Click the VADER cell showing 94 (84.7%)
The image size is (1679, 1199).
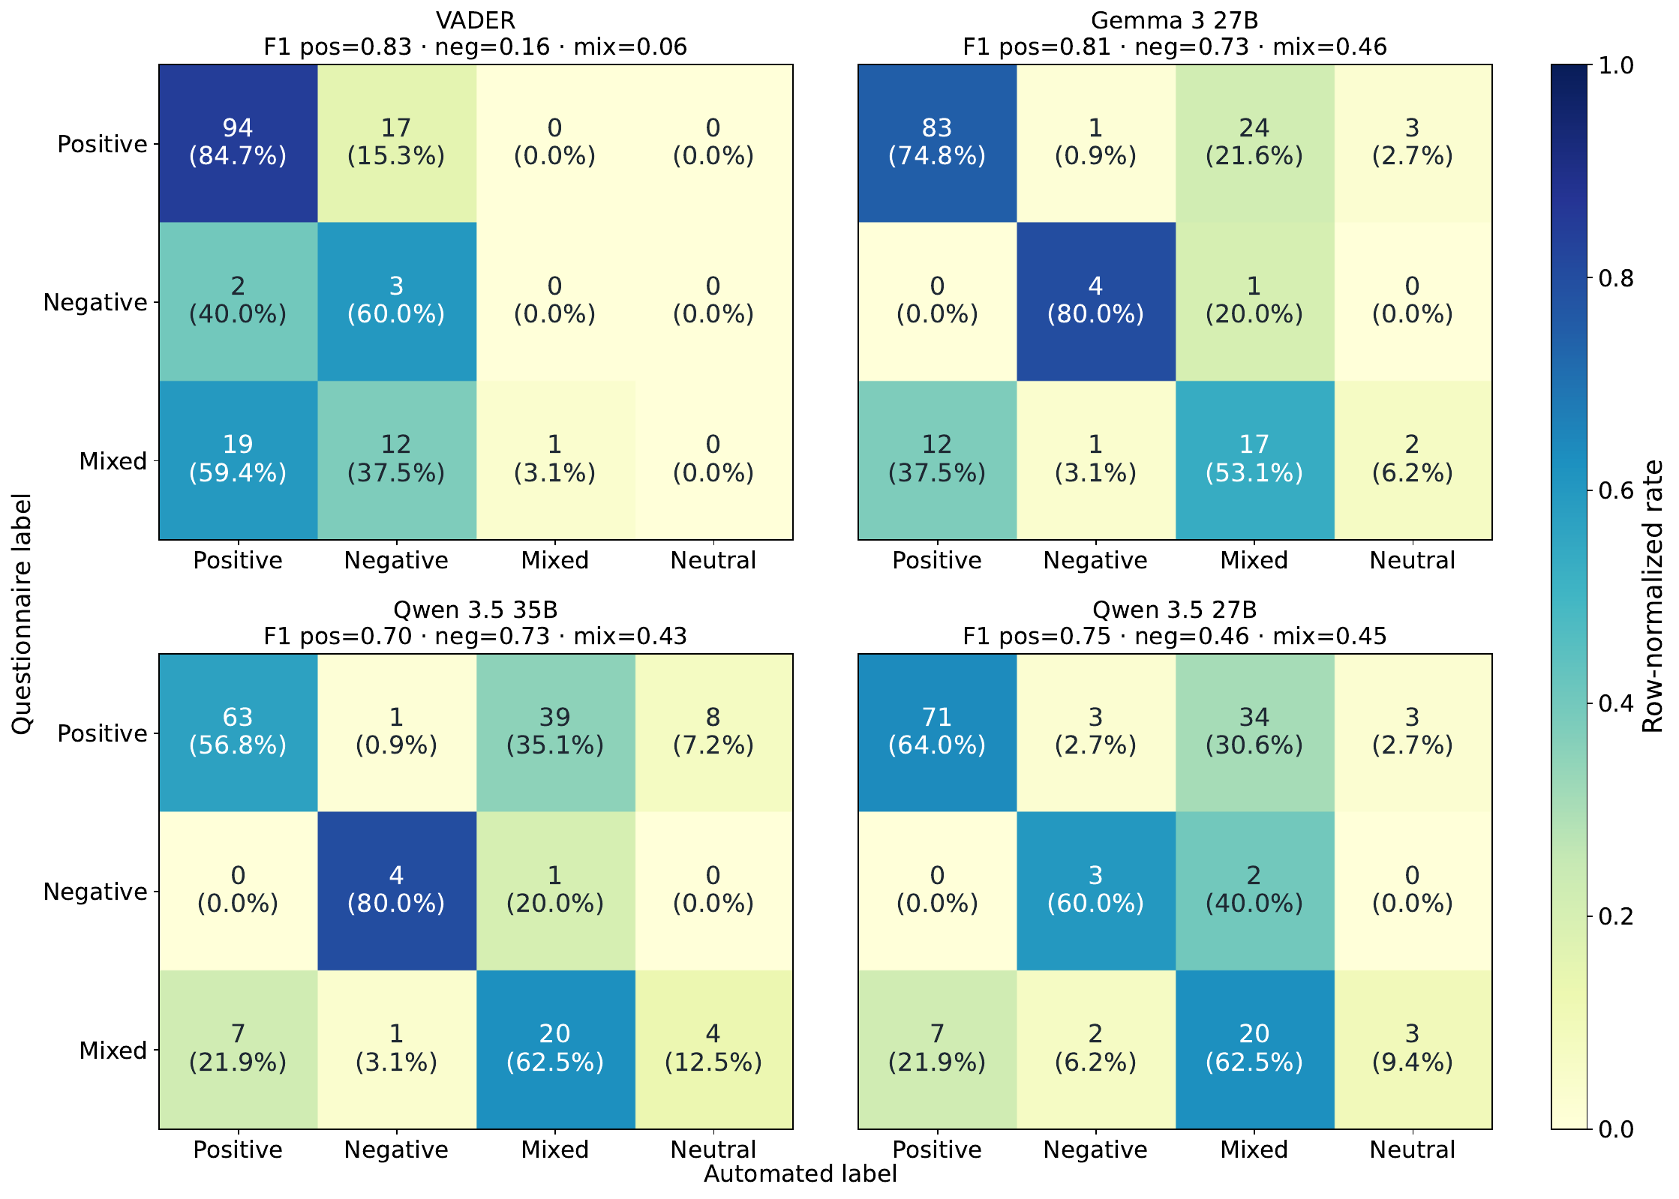(238, 142)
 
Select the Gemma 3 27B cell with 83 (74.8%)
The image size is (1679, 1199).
(937, 142)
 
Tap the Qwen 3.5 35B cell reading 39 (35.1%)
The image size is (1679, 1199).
(555, 732)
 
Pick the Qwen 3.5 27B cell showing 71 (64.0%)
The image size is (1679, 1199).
(937, 732)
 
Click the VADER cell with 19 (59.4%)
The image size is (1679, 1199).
(238, 460)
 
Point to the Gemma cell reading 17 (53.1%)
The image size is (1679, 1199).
(1254, 460)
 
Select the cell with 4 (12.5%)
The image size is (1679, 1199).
(713, 1048)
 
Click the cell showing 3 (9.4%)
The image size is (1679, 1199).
(1413, 1048)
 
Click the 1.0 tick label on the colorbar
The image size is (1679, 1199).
(1616, 65)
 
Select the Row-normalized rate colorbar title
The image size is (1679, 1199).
(1653, 596)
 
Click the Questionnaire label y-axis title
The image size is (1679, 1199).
(22, 613)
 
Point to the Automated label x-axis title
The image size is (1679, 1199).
(800, 1174)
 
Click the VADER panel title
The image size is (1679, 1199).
(476, 20)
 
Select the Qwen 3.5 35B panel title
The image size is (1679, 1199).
(476, 610)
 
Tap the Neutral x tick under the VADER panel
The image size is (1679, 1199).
(713, 560)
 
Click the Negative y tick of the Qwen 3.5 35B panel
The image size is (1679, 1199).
(95, 892)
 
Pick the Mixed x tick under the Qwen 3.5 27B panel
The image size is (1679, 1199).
(1254, 1150)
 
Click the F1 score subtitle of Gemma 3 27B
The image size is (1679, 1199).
(1175, 47)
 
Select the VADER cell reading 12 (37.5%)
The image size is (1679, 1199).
(396, 460)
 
